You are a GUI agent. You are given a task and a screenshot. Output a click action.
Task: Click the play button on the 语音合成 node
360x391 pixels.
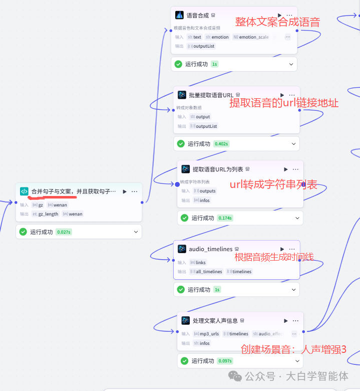click(279, 16)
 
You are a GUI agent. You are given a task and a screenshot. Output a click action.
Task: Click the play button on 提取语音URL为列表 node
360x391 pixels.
click(286, 169)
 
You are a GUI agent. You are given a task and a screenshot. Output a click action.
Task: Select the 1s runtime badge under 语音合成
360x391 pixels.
click(214, 64)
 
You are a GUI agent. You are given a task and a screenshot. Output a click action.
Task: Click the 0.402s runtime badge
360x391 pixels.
click(221, 144)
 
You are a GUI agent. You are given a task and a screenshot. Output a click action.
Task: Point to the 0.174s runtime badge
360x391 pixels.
click(225, 218)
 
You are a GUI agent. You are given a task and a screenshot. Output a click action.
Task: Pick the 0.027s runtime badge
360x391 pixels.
click(63, 232)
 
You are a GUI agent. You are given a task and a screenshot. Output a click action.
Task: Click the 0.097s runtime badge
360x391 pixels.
click(225, 361)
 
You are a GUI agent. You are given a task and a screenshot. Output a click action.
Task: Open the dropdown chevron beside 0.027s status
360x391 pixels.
click(136, 232)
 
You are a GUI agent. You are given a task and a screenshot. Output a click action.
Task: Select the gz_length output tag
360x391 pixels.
click(46, 214)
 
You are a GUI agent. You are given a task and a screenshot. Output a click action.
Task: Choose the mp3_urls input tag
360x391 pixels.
click(206, 334)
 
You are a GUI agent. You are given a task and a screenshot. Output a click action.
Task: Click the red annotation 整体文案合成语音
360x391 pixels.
click(277, 22)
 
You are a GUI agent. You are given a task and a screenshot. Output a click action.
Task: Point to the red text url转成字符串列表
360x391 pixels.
click(273, 184)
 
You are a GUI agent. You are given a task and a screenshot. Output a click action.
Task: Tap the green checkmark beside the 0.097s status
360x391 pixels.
click(184, 361)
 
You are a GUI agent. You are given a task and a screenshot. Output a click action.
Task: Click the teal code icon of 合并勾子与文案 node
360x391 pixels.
click(24, 191)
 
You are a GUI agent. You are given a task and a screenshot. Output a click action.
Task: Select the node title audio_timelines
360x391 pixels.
click(210, 249)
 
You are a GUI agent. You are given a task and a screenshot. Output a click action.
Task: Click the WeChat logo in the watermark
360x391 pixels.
click(234, 376)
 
